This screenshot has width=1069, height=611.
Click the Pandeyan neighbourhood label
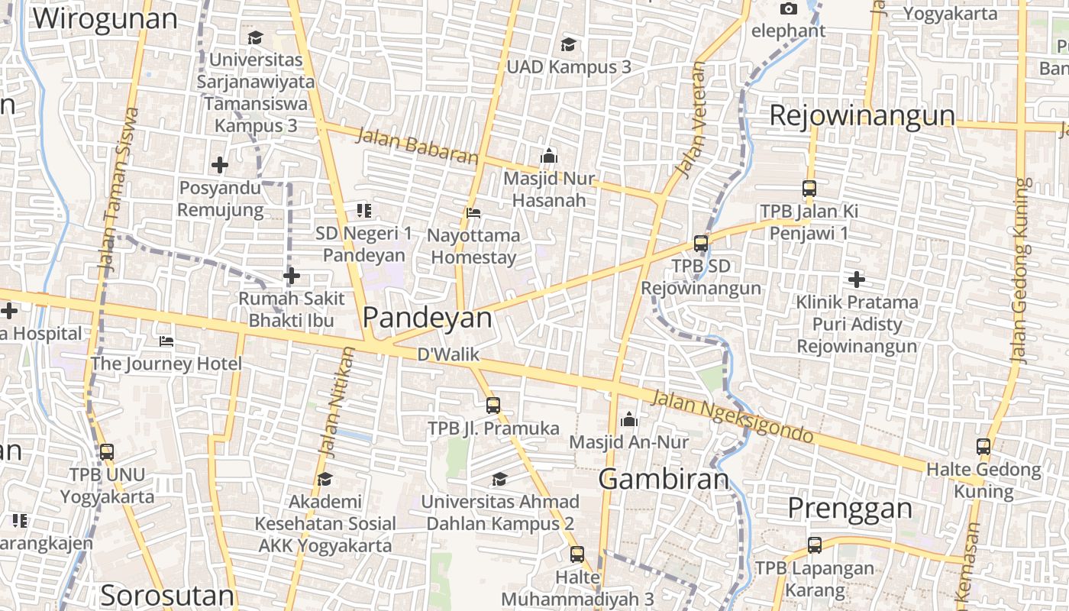coord(428,318)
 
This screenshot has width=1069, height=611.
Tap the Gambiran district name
coord(664,479)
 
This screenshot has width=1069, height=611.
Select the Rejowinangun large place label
coord(862,115)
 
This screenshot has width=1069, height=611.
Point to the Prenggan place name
coord(850,508)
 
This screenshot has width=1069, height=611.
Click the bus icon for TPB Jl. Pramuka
coord(493,406)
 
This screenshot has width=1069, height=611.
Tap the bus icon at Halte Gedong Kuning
coord(983,448)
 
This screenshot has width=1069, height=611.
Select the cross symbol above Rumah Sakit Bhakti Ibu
coord(291,276)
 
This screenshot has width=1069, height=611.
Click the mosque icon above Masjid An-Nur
coord(629,419)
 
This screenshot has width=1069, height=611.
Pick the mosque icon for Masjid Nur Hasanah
coord(548,157)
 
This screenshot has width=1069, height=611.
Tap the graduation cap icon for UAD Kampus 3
coord(568,44)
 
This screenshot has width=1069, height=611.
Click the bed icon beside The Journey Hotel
coord(166,341)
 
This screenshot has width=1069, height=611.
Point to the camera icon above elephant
coord(789,9)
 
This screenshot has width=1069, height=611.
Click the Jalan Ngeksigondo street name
coord(732,416)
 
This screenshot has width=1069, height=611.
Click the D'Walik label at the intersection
coord(447,354)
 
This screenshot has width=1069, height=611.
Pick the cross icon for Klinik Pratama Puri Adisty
coord(856,280)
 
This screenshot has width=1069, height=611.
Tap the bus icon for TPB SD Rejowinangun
coord(701,244)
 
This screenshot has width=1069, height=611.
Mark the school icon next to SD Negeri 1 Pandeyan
coord(364,210)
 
